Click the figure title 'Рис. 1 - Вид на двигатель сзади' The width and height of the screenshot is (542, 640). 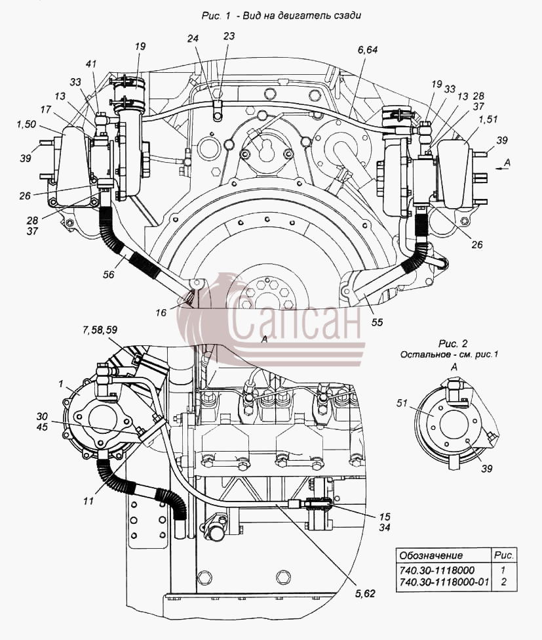point(282,16)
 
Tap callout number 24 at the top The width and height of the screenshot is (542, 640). point(193,38)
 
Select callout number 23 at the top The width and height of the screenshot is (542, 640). point(229,36)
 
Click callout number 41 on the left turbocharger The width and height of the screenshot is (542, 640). point(91,64)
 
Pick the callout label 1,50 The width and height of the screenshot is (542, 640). point(26,125)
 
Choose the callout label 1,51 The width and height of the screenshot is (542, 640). point(488,119)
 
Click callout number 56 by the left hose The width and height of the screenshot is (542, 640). point(108,274)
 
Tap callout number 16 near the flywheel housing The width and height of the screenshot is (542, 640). point(161,312)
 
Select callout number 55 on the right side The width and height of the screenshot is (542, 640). point(377,322)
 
